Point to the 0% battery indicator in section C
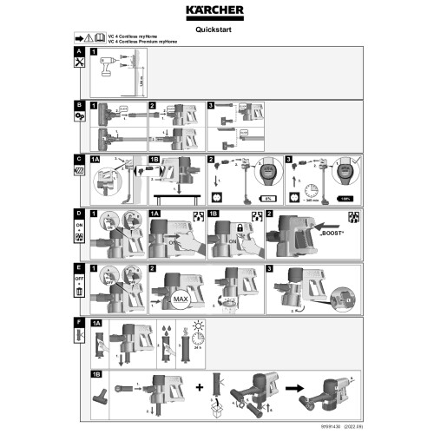pos(269,198)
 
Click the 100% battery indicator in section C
pos(345,198)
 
